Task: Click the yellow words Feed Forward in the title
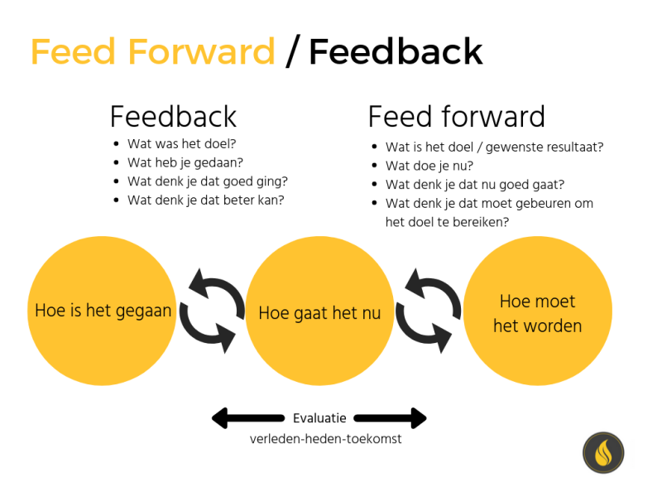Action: click(153, 51)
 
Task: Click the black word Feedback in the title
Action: click(396, 51)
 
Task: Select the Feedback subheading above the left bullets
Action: click(173, 117)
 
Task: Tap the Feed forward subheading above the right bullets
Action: click(457, 117)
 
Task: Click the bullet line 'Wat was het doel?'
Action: click(181, 143)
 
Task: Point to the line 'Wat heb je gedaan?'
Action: click(185, 162)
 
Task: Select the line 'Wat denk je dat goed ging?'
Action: click(208, 181)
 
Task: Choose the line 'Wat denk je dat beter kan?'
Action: click(206, 200)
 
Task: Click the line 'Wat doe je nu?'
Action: click(429, 166)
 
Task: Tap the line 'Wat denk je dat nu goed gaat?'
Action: click(475, 185)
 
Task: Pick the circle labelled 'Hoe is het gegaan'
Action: click(102, 311)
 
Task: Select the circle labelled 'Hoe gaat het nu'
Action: click(319, 311)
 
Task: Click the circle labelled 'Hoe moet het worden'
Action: click(537, 311)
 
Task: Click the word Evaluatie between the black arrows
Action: click(319, 418)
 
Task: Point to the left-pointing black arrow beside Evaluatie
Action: click(247, 418)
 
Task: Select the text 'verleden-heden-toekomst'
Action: click(325, 439)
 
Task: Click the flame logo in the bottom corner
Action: click(603, 452)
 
